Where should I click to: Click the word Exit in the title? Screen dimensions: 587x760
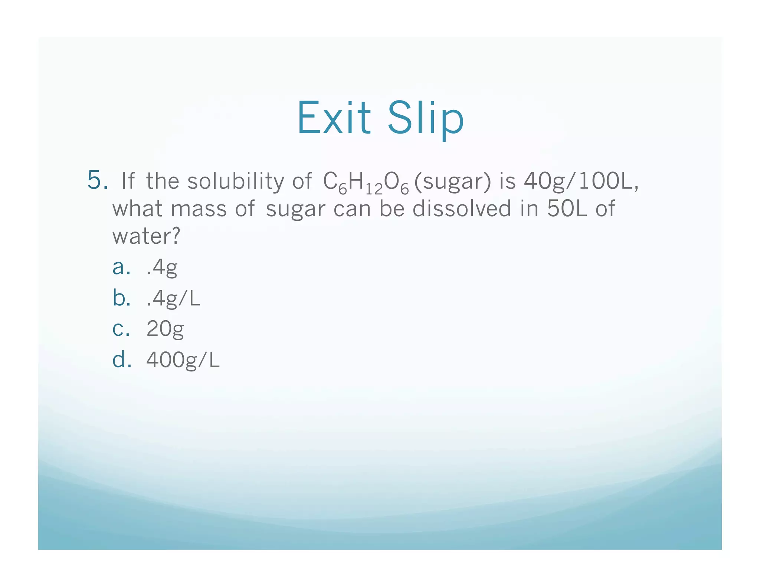click(x=334, y=118)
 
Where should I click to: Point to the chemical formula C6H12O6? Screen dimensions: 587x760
click(x=366, y=183)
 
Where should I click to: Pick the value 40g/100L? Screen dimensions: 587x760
click(x=581, y=181)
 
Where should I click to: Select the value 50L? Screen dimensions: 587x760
click(x=567, y=209)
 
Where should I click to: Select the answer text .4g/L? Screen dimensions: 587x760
click(x=173, y=298)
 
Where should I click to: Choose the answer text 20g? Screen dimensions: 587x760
click(x=165, y=329)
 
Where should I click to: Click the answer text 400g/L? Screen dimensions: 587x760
click(x=183, y=360)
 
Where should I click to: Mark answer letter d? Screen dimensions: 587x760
click(x=121, y=360)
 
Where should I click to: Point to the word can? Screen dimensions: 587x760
click(x=352, y=209)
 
